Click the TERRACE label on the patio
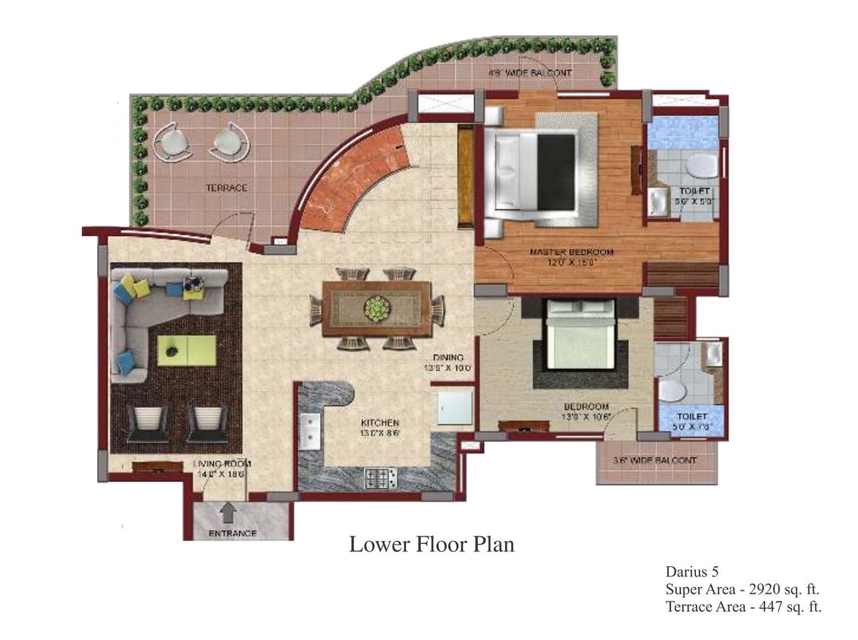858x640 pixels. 226,188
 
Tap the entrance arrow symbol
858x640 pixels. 229,511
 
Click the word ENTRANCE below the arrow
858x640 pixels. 232,534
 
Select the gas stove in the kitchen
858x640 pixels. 381,477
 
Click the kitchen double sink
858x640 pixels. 309,432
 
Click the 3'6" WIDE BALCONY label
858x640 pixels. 655,460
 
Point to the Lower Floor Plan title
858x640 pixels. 431,545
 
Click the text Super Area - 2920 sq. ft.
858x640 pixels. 742,589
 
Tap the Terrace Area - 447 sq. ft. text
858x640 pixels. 743,607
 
